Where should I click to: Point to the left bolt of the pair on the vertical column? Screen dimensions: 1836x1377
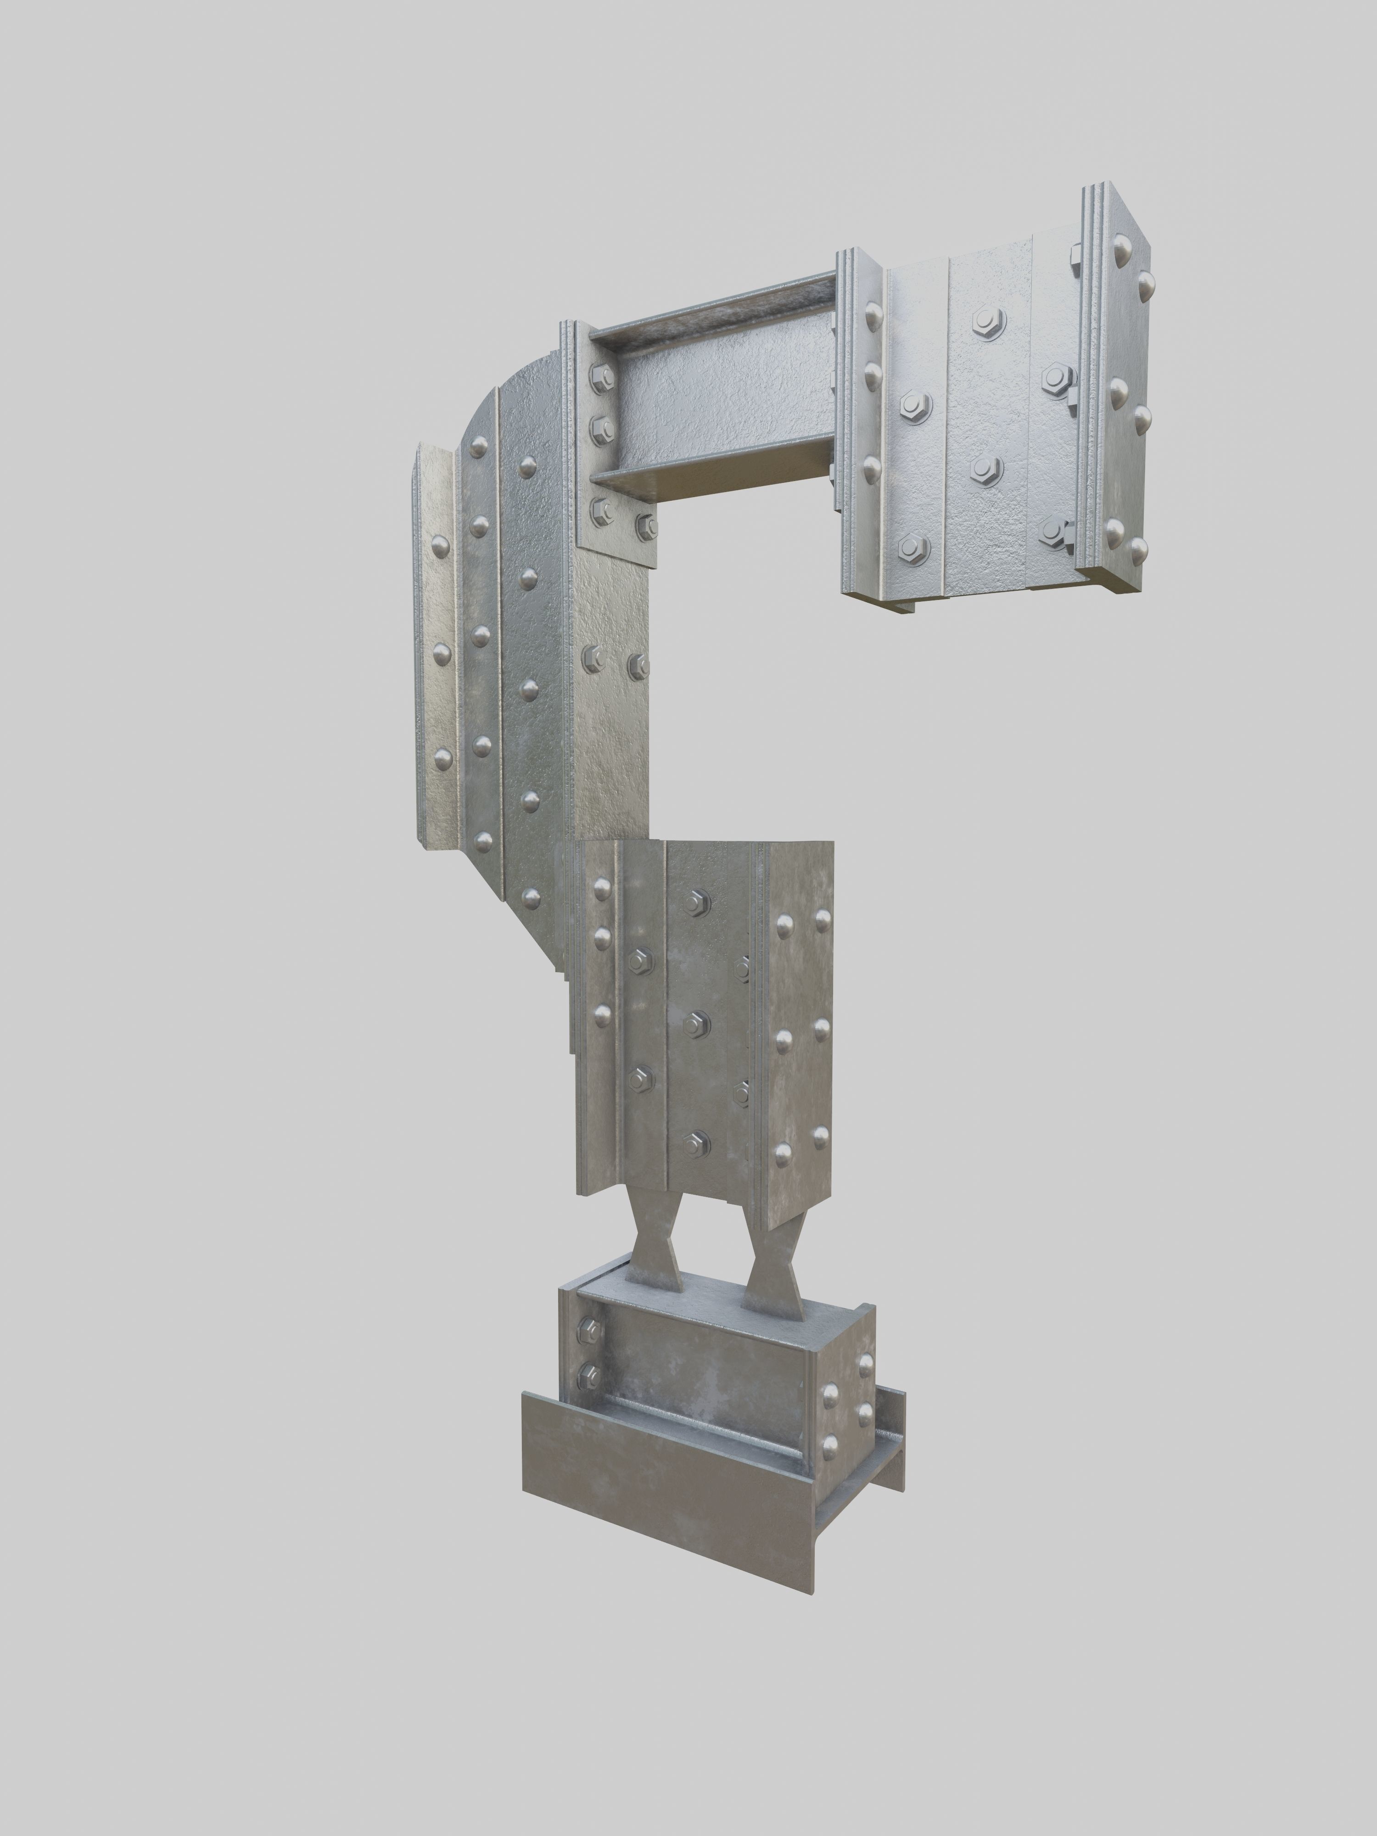(593, 660)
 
